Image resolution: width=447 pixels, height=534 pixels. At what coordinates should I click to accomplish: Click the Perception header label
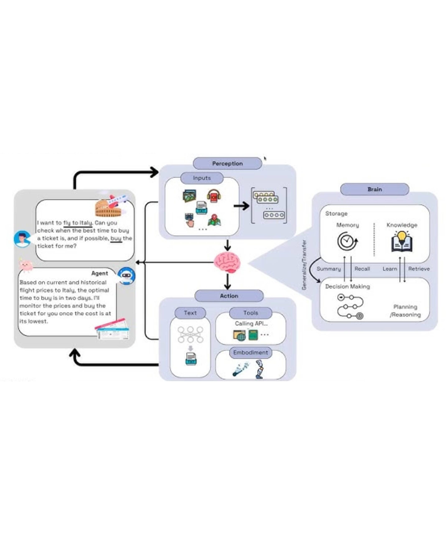coord(227,164)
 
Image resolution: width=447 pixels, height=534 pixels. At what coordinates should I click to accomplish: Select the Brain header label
coord(374,189)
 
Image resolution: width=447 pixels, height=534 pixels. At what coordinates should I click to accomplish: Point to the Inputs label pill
coord(202,178)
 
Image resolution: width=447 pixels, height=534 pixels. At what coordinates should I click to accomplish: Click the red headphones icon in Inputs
coord(214,196)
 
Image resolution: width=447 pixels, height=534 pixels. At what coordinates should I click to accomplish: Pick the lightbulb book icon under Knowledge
coord(402,241)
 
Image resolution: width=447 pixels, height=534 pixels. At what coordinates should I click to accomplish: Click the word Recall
coord(362,269)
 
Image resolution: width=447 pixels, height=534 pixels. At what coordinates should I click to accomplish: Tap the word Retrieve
coord(419,269)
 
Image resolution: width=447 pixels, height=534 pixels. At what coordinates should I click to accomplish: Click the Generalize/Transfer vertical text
coord(304,265)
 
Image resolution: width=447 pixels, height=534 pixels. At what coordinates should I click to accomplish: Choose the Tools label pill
coord(251,313)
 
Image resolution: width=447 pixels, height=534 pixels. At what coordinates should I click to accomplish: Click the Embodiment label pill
coord(250,353)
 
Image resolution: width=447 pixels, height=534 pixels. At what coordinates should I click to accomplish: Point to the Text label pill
coord(190,313)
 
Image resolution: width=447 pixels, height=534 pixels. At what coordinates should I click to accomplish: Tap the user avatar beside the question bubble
coord(22,239)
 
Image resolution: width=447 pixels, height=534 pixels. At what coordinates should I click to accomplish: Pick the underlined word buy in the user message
coord(116,238)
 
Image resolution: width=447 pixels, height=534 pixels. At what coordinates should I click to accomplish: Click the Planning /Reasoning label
coord(405,311)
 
